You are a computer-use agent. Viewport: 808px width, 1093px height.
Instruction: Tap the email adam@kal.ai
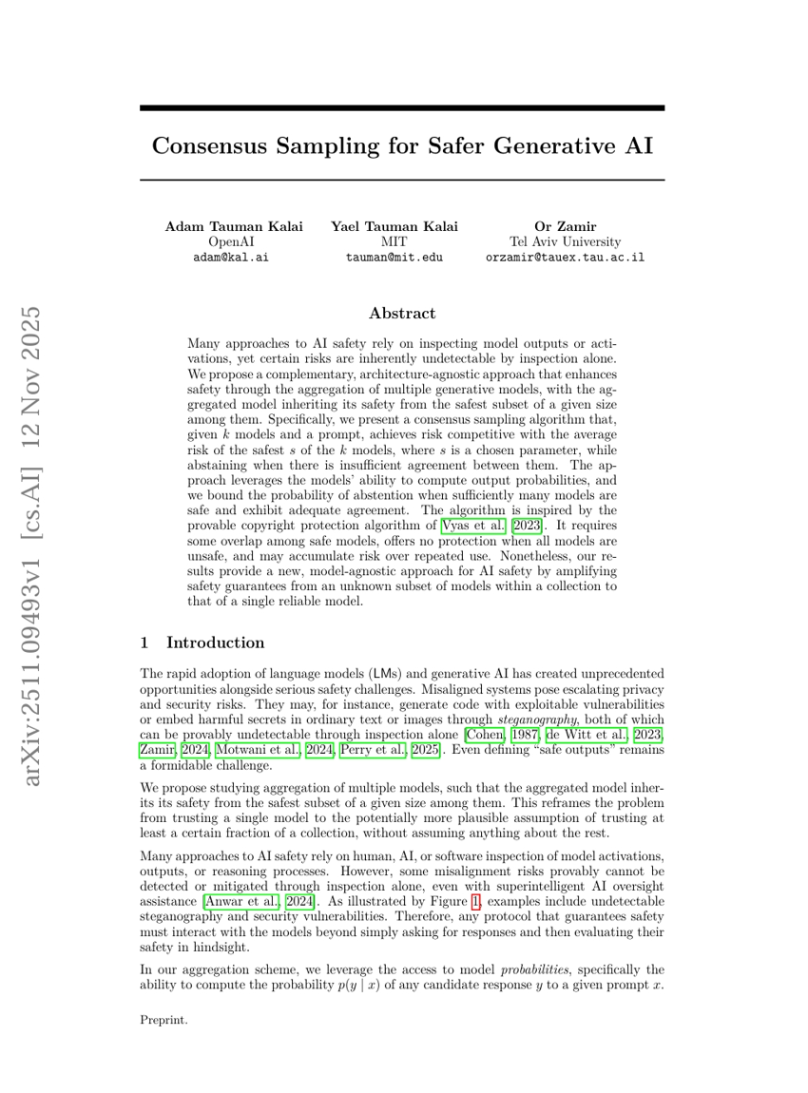(x=230, y=257)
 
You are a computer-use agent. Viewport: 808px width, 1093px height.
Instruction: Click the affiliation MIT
(x=394, y=241)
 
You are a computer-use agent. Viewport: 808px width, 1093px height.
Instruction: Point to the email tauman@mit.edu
(x=394, y=257)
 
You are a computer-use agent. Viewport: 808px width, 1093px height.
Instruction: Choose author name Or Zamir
(x=565, y=226)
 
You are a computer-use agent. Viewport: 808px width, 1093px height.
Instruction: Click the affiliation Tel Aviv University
(x=565, y=241)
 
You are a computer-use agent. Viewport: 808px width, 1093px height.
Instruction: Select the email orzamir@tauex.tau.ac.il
(x=565, y=257)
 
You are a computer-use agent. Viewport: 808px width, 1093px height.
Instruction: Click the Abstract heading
(x=402, y=313)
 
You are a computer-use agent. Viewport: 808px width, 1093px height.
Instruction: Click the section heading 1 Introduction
(x=202, y=642)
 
